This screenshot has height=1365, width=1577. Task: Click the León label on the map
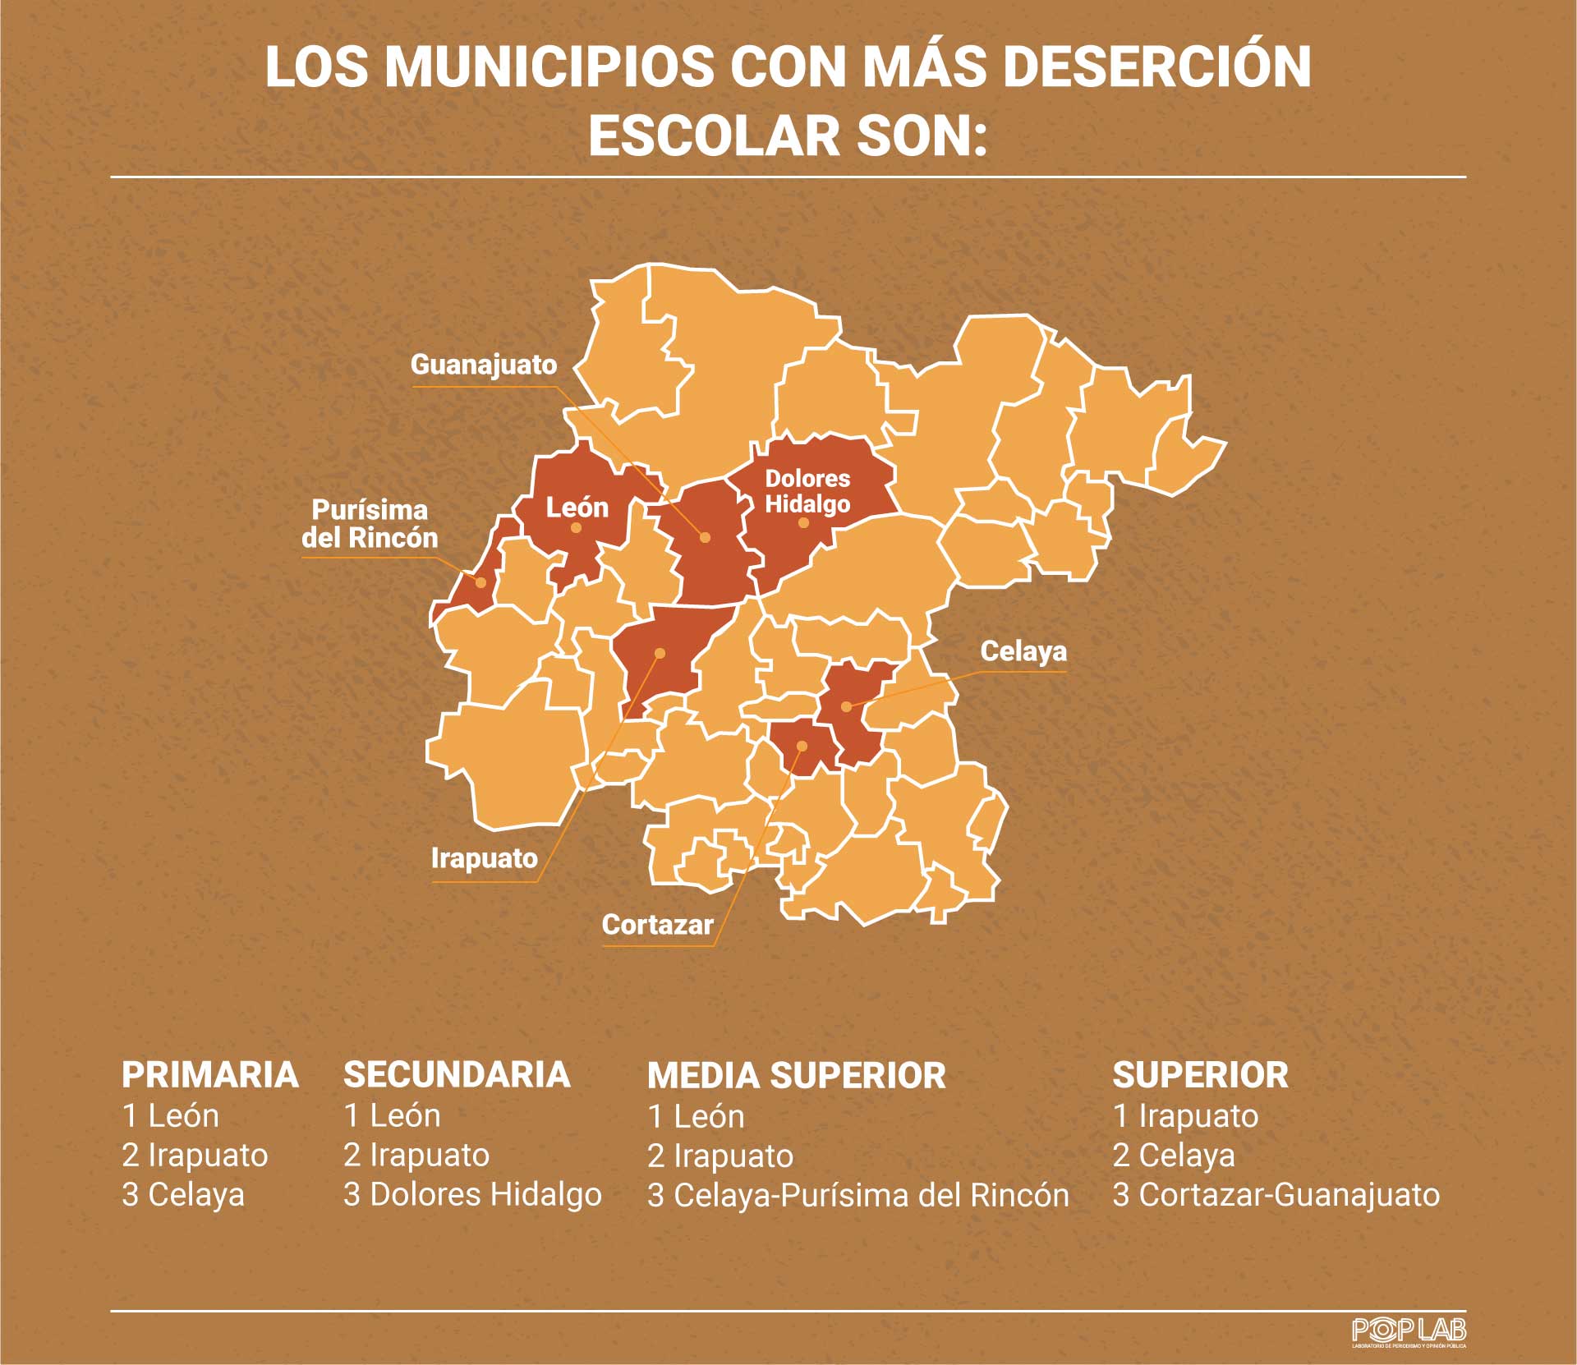(577, 507)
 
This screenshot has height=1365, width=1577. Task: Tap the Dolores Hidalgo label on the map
(807, 490)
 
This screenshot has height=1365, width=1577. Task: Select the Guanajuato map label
(484, 365)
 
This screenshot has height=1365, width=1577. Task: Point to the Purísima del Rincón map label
(370, 524)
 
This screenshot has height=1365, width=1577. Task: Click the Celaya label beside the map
(1023, 651)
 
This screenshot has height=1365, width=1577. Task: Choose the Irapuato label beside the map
(485, 858)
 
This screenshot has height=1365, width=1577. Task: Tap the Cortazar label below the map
(657, 925)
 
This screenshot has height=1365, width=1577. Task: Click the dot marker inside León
(576, 528)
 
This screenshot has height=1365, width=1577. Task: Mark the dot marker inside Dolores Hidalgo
(803, 522)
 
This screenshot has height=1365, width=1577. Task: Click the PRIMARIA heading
(210, 1075)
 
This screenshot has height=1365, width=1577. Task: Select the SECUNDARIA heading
(457, 1075)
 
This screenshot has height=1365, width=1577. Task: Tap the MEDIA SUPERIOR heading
(796, 1076)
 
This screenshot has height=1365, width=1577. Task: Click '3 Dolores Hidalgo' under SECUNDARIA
(472, 1194)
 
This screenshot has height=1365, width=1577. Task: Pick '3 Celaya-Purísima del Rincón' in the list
(857, 1195)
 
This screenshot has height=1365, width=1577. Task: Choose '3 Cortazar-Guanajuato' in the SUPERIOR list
(1276, 1194)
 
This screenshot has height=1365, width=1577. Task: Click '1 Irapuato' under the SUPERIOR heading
(1185, 1116)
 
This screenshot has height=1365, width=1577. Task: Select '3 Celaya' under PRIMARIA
(183, 1194)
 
